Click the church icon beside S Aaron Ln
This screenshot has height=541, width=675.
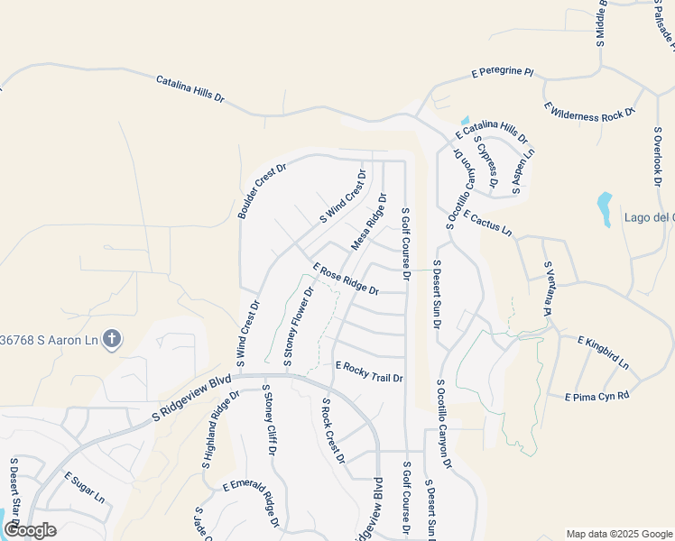(x=112, y=339)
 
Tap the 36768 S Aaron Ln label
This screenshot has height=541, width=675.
(x=50, y=339)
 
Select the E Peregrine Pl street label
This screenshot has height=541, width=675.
(x=503, y=71)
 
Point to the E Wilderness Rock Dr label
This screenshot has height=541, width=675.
(x=590, y=109)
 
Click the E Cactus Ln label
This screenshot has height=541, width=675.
(x=487, y=223)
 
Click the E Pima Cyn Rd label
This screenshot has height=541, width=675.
(x=596, y=396)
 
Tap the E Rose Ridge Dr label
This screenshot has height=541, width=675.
(x=346, y=279)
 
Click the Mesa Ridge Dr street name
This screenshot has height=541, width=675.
(x=368, y=222)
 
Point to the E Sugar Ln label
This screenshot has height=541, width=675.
(x=84, y=486)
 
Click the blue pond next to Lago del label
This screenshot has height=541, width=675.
(x=604, y=208)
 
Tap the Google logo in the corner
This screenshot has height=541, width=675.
(x=30, y=530)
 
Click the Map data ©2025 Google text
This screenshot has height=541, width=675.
(x=619, y=533)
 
